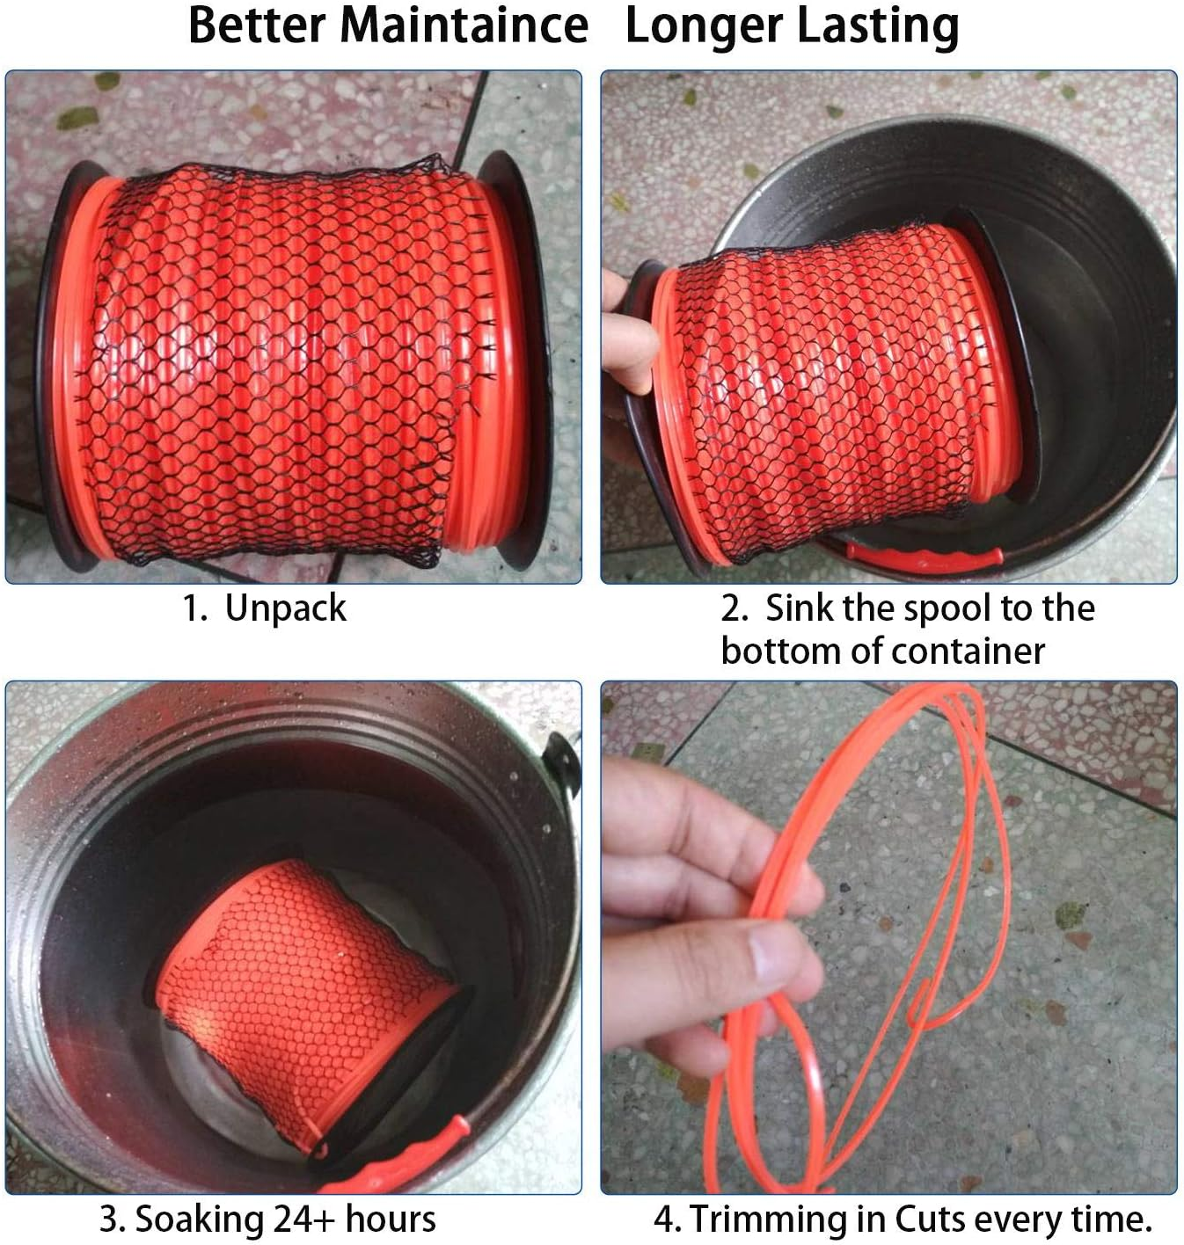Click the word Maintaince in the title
464,25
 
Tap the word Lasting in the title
880,25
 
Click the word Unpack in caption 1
286,608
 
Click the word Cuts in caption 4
932,1220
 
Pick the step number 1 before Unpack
193,608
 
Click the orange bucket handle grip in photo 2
924,559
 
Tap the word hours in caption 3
391,1220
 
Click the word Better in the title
256,25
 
